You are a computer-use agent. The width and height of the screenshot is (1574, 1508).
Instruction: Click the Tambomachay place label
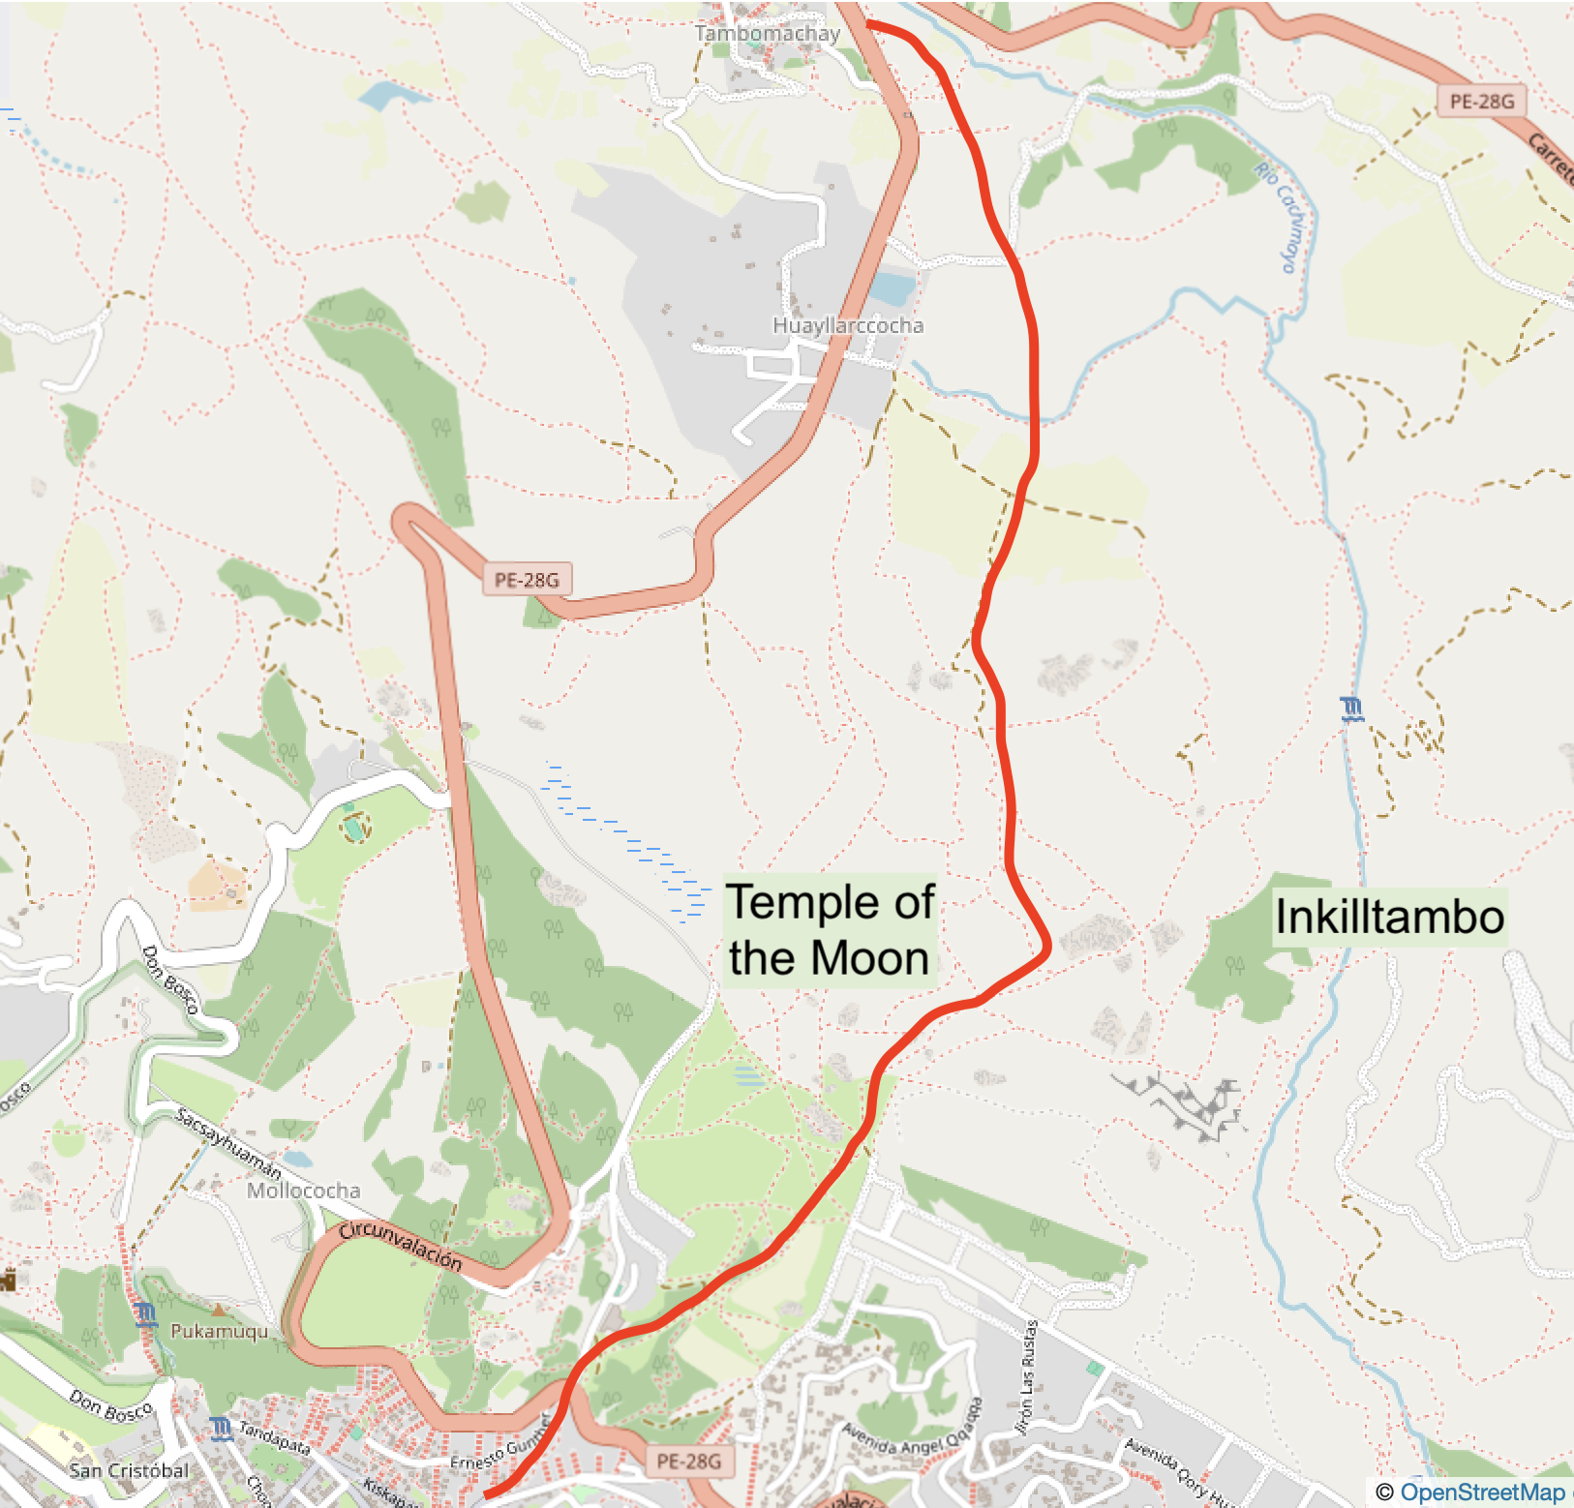(767, 34)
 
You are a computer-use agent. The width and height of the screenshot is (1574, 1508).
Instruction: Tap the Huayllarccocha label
(847, 326)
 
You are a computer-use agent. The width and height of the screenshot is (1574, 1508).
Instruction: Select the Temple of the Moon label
(830, 929)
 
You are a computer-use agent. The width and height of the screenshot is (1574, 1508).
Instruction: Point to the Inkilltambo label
(1389, 917)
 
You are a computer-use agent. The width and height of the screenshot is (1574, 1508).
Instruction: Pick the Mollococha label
(303, 1191)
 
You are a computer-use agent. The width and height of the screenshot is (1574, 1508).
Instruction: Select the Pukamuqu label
(219, 1332)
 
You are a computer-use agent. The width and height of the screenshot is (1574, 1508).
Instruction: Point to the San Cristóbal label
(129, 1470)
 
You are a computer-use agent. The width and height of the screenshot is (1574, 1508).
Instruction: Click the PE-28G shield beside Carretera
(1481, 102)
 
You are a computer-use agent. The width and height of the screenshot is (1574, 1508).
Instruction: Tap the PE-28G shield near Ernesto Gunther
(688, 1462)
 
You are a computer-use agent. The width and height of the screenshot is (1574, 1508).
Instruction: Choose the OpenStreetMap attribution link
(1481, 1493)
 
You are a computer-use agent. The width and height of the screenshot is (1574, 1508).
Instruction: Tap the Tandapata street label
(275, 1437)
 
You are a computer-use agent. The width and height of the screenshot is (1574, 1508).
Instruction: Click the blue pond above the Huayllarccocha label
(892, 287)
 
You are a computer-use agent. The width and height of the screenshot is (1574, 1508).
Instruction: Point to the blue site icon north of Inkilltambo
(1352, 709)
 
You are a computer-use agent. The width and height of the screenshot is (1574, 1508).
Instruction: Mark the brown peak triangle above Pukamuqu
(220, 1310)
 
